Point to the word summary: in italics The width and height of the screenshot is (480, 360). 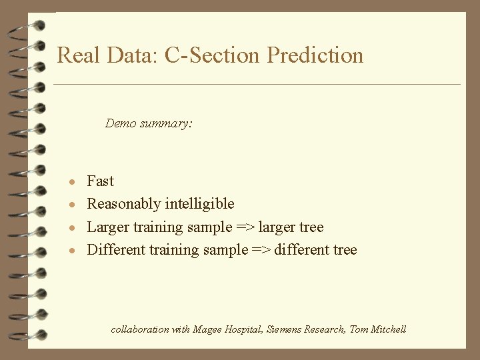coord(166,124)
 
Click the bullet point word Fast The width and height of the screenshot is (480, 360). coord(101,181)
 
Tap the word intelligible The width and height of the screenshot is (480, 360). coord(201,204)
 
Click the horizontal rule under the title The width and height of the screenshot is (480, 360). coord(257,85)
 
